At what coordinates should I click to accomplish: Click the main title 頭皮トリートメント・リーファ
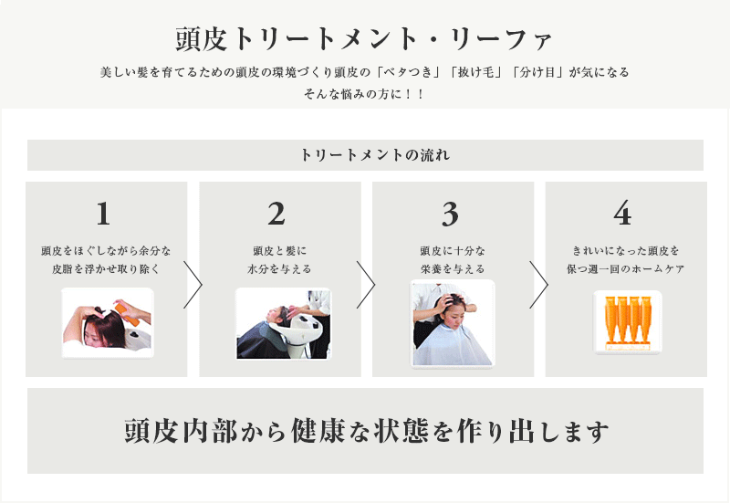(x=363, y=39)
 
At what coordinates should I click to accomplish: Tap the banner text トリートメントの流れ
(x=375, y=155)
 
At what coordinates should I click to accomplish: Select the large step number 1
(x=103, y=214)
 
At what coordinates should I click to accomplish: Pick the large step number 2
(x=276, y=214)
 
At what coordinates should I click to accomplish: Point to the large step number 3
(x=450, y=215)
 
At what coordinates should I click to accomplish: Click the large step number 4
(x=622, y=214)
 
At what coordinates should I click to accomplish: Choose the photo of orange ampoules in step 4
(x=627, y=322)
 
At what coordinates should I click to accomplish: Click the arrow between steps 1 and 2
(x=193, y=285)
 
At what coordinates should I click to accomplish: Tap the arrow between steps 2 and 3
(x=366, y=285)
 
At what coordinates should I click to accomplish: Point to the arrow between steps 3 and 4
(x=539, y=285)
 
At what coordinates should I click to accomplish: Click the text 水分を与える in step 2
(x=279, y=269)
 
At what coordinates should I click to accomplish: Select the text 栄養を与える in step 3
(x=453, y=269)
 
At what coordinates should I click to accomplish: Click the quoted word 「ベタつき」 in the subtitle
(x=408, y=72)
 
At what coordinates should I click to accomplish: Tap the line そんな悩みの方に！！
(x=364, y=94)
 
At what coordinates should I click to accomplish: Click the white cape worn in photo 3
(x=452, y=347)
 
